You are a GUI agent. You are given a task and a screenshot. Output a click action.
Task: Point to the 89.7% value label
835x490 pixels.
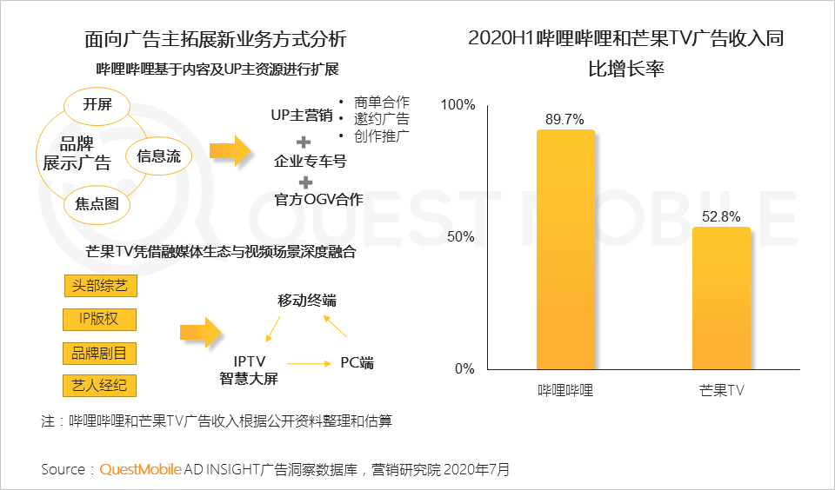pyautogui.click(x=565, y=120)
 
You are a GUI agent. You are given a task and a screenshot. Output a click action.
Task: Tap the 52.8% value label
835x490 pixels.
pyautogui.click(x=721, y=216)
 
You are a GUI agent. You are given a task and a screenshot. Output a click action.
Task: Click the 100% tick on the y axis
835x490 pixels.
pyautogui.click(x=458, y=105)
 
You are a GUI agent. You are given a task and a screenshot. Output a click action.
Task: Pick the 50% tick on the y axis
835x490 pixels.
pyautogui.click(x=462, y=237)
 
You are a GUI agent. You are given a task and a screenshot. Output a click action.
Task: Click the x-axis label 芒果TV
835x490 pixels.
pyautogui.click(x=721, y=390)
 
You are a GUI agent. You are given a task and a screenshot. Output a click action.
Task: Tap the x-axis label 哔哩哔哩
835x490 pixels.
pyautogui.click(x=565, y=390)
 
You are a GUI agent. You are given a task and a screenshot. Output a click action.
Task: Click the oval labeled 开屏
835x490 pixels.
pyautogui.click(x=97, y=105)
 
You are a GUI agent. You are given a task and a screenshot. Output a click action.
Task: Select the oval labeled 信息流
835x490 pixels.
pyautogui.click(x=158, y=156)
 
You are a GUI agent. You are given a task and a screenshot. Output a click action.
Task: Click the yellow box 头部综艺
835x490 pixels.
pyautogui.click(x=100, y=286)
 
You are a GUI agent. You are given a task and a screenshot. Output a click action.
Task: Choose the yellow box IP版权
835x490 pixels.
pyautogui.click(x=100, y=319)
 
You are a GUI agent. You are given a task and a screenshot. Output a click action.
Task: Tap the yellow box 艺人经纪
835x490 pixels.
pyautogui.click(x=100, y=385)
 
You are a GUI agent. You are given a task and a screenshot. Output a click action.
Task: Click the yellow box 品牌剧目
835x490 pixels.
pyautogui.click(x=100, y=353)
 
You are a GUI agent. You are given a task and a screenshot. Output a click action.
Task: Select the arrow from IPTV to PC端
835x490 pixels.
pyautogui.click(x=305, y=363)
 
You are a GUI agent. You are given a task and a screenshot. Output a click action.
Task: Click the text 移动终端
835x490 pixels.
pyautogui.click(x=306, y=301)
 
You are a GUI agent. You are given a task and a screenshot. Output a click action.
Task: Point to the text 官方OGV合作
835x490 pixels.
pyautogui.click(x=306, y=200)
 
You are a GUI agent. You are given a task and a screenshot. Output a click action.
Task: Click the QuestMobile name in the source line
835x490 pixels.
pyautogui.click(x=141, y=470)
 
